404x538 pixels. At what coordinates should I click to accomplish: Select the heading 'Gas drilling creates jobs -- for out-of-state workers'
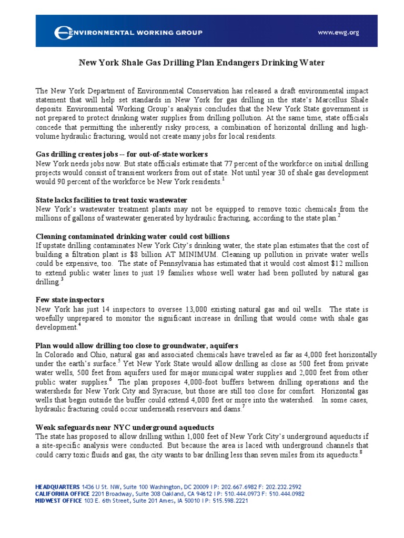click(x=122, y=154)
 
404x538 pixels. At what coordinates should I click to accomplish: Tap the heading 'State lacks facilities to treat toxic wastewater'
click(x=111, y=200)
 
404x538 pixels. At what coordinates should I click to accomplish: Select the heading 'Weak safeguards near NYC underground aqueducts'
click(x=125, y=427)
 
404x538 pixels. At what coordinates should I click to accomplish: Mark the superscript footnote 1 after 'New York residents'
click(x=223, y=180)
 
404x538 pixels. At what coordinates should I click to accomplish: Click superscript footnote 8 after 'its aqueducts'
click(x=360, y=452)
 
